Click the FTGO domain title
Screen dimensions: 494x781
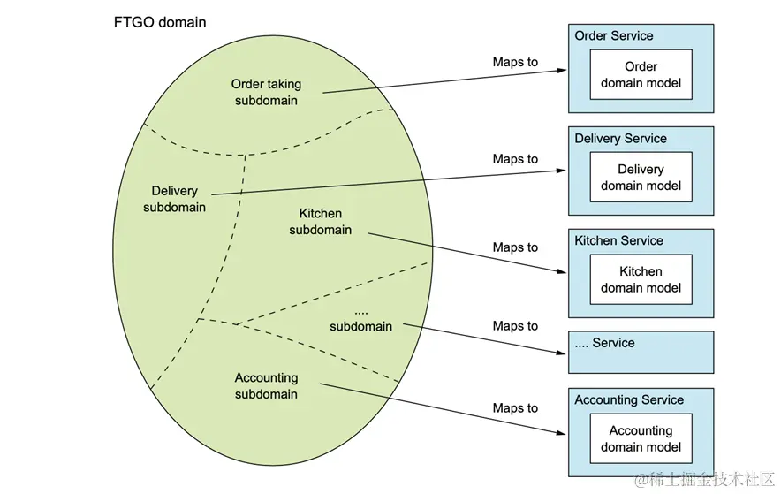click(160, 22)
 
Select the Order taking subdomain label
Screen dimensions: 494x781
click(266, 92)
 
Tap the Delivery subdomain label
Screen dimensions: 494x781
click(174, 199)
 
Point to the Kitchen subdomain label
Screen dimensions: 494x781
click(320, 222)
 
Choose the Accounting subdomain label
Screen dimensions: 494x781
click(266, 386)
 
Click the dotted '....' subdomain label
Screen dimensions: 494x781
click(360, 319)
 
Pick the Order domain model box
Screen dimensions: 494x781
click(641, 75)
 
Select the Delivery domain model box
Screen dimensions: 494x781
click(641, 178)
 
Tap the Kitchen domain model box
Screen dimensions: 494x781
click(641, 279)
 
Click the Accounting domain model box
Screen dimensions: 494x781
click(641, 438)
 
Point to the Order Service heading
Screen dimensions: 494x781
click(614, 36)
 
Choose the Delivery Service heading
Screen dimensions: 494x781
click(620, 139)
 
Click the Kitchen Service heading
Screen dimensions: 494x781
click(618, 240)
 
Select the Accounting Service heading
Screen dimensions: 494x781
click(629, 400)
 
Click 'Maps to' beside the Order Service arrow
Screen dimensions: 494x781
click(515, 62)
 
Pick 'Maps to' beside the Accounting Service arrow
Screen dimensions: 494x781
click(515, 408)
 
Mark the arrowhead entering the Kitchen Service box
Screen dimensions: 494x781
click(563, 271)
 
